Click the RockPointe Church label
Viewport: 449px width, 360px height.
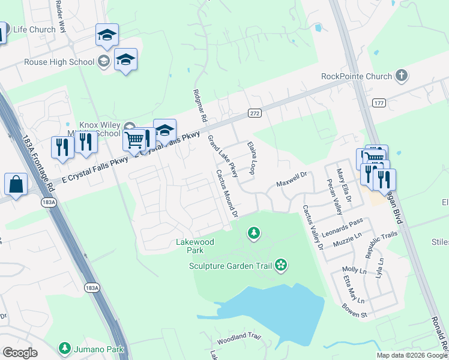click(357, 76)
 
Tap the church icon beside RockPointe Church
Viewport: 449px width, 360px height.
click(402, 76)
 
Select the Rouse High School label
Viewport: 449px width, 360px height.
click(59, 62)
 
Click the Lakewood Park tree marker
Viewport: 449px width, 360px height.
click(254, 232)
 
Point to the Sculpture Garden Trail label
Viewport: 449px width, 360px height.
click(231, 265)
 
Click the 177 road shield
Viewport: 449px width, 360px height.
click(378, 103)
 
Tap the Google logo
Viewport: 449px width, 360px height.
click(20, 353)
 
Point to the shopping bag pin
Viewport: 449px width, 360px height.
click(16, 185)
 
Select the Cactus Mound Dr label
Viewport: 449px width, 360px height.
click(228, 193)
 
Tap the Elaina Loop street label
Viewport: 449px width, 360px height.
click(252, 158)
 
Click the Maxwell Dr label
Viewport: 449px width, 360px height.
click(292, 179)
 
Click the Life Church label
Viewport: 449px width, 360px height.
click(34, 29)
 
